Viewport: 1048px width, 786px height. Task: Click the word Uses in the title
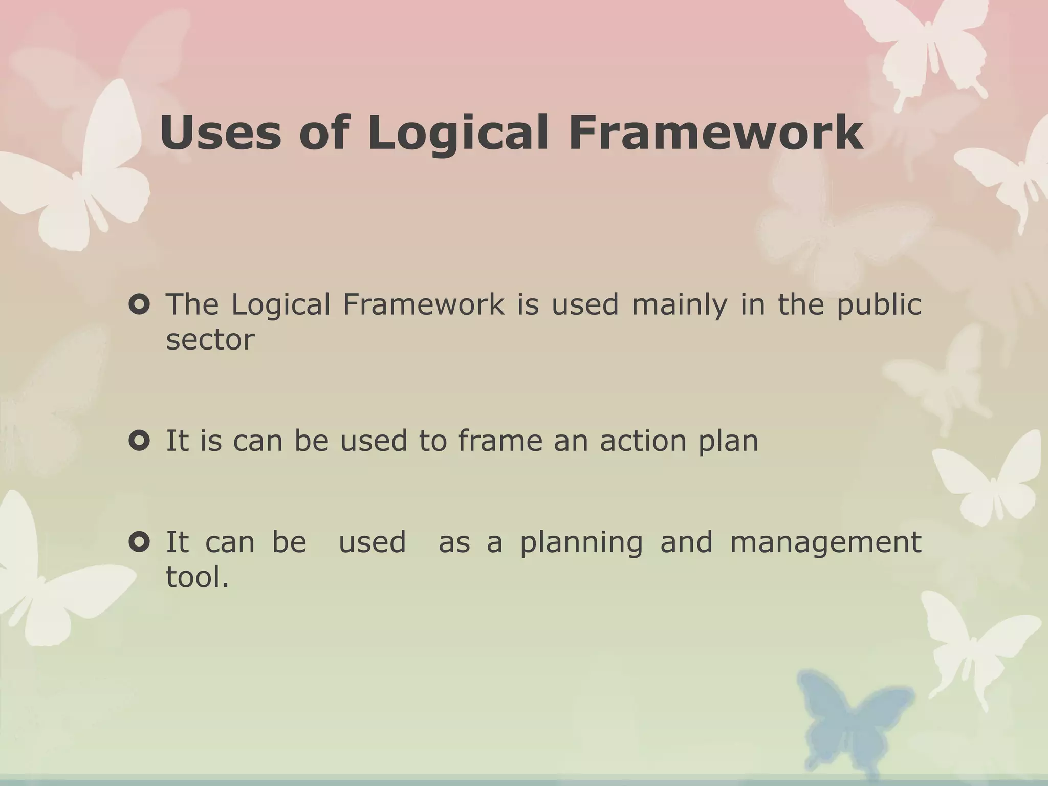pyautogui.click(x=220, y=133)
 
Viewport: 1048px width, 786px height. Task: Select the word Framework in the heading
pyautogui.click(x=716, y=133)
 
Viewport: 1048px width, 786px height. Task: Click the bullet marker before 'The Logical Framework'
pyautogui.click(x=139, y=305)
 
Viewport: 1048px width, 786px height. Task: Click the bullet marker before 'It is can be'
pyautogui.click(x=139, y=441)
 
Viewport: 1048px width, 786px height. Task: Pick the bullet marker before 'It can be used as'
pyautogui.click(x=139, y=542)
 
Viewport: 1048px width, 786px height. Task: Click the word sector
pyautogui.click(x=210, y=340)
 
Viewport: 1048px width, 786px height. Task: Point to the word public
pyautogui.click(x=879, y=306)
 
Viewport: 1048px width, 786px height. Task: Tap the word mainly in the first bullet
pyautogui.click(x=679, y=306)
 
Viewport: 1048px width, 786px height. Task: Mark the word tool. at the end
pyautogui.click(x=198, y=577)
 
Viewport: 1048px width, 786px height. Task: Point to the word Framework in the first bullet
pyautogui.click(x=423, y=305)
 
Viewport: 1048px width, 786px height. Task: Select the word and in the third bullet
pyautogui.click(x=686, y=542)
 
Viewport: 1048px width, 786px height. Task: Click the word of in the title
pyautogui.click(x=324, y=133)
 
